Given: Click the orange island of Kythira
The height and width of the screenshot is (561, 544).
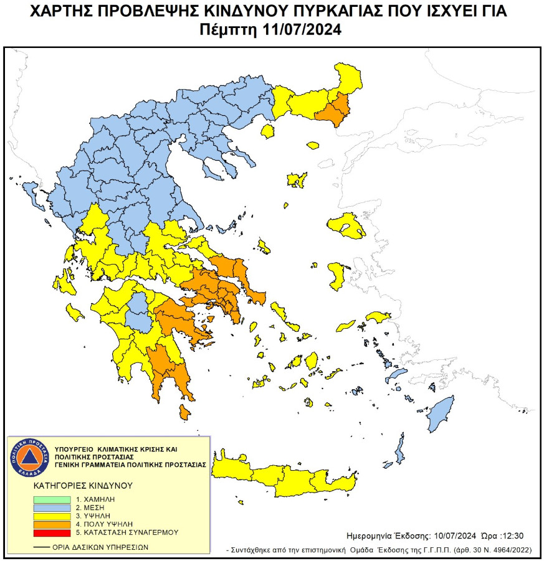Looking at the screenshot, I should point(184,412).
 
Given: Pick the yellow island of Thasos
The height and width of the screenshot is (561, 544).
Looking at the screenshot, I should point(269,131).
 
